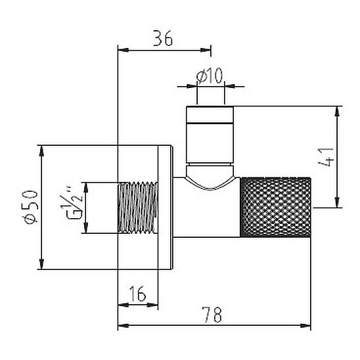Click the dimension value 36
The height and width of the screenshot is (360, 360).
click(162, 38)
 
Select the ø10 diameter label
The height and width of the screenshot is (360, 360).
click(210, 76)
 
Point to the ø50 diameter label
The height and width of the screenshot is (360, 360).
click(32, 207)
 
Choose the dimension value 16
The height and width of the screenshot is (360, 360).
click(137, 294)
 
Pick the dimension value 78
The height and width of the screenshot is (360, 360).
click(213, 315)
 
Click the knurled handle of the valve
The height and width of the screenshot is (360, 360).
click(275, 207)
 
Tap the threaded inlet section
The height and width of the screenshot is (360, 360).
click(138, 208)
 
